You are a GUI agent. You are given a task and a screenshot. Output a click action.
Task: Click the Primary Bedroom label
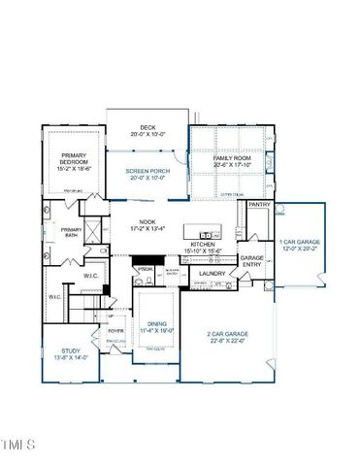[x=74, y=159]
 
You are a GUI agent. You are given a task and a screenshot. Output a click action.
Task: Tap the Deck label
[x=147, y=127]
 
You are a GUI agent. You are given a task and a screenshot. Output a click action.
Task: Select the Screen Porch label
[x=147, y=173]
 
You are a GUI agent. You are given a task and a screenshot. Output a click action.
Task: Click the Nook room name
[x=147, y=222]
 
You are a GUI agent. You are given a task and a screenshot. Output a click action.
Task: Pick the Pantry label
[x=259, y=205]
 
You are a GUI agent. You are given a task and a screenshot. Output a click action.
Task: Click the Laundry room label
[x=212, y=274]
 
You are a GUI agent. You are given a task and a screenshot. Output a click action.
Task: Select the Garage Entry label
[x=252, y=261]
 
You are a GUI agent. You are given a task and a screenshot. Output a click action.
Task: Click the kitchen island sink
[x=206, y=235]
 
